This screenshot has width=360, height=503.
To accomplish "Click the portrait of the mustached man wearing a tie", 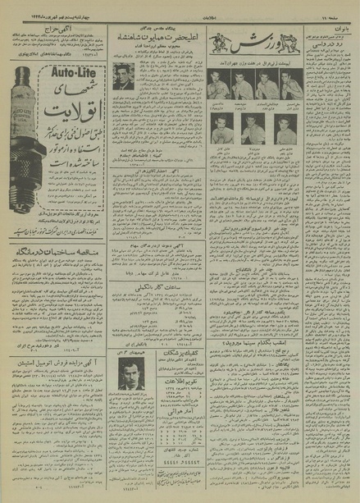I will click(x=129, y=378).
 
